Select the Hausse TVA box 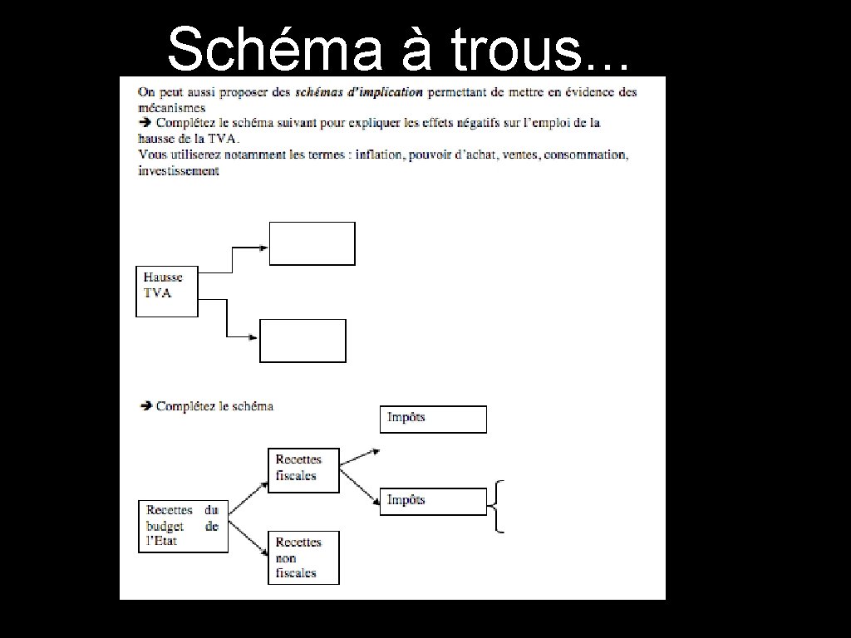pos(167,291)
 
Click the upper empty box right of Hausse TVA pos(312,243)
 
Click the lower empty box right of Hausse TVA pos(303,341)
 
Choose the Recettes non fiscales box pos(303,557)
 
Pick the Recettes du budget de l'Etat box pos(182,526)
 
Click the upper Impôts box pos(433,420)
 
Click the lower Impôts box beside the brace pos(433,502)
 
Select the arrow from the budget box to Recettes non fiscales pos(248,537)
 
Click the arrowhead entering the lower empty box pos(254,336)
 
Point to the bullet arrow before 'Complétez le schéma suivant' pos(144,122)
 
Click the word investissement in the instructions pos(179,171)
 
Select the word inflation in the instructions pos(379,155)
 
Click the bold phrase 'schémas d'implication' pos(359,91)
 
